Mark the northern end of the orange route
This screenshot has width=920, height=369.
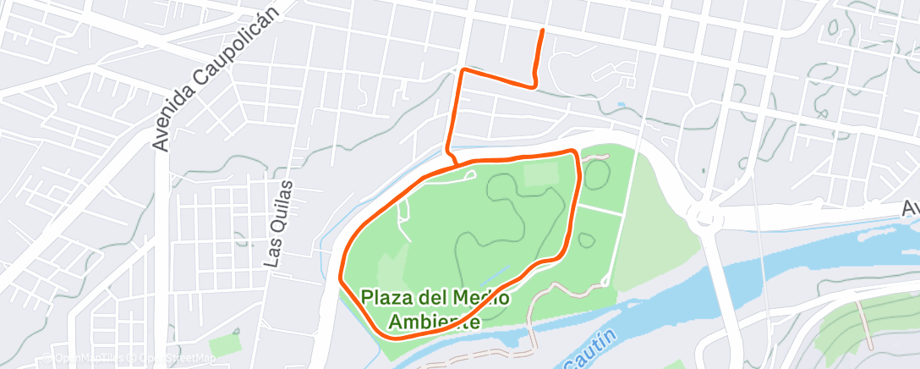click(x=541, y=30)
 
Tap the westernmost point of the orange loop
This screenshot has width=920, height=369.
click(x=341, y=277)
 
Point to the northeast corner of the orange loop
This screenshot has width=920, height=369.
click(x=576, y=152)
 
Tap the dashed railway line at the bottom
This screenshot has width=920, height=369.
click(x=474, y=351)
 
